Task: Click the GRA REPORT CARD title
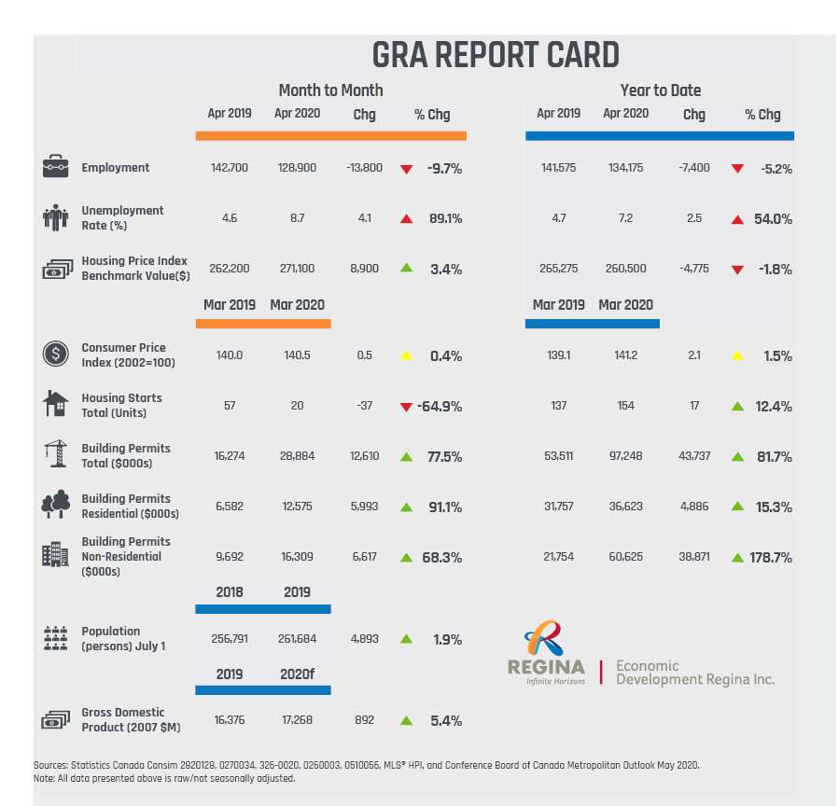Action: coord(495,55)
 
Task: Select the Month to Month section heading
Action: coord(330,90)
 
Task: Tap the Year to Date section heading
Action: coord(660,90)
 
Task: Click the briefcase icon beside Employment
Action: coord(56,168)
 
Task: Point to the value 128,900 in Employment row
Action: coord(297,168)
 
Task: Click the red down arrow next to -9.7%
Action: coord(406,169)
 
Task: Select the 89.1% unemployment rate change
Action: coord(444,218)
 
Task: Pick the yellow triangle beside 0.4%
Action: coord(406,355)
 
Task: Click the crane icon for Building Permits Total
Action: coord(56,454)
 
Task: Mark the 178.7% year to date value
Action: coord(771,557)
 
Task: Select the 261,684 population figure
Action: coord(297,639)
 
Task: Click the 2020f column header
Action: coord(296,674)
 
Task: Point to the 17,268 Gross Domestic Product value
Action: coord(297,720)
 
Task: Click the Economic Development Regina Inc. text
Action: coord(695,673)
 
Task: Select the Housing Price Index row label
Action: coord(135,269)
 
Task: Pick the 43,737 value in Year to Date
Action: coord(694,456)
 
